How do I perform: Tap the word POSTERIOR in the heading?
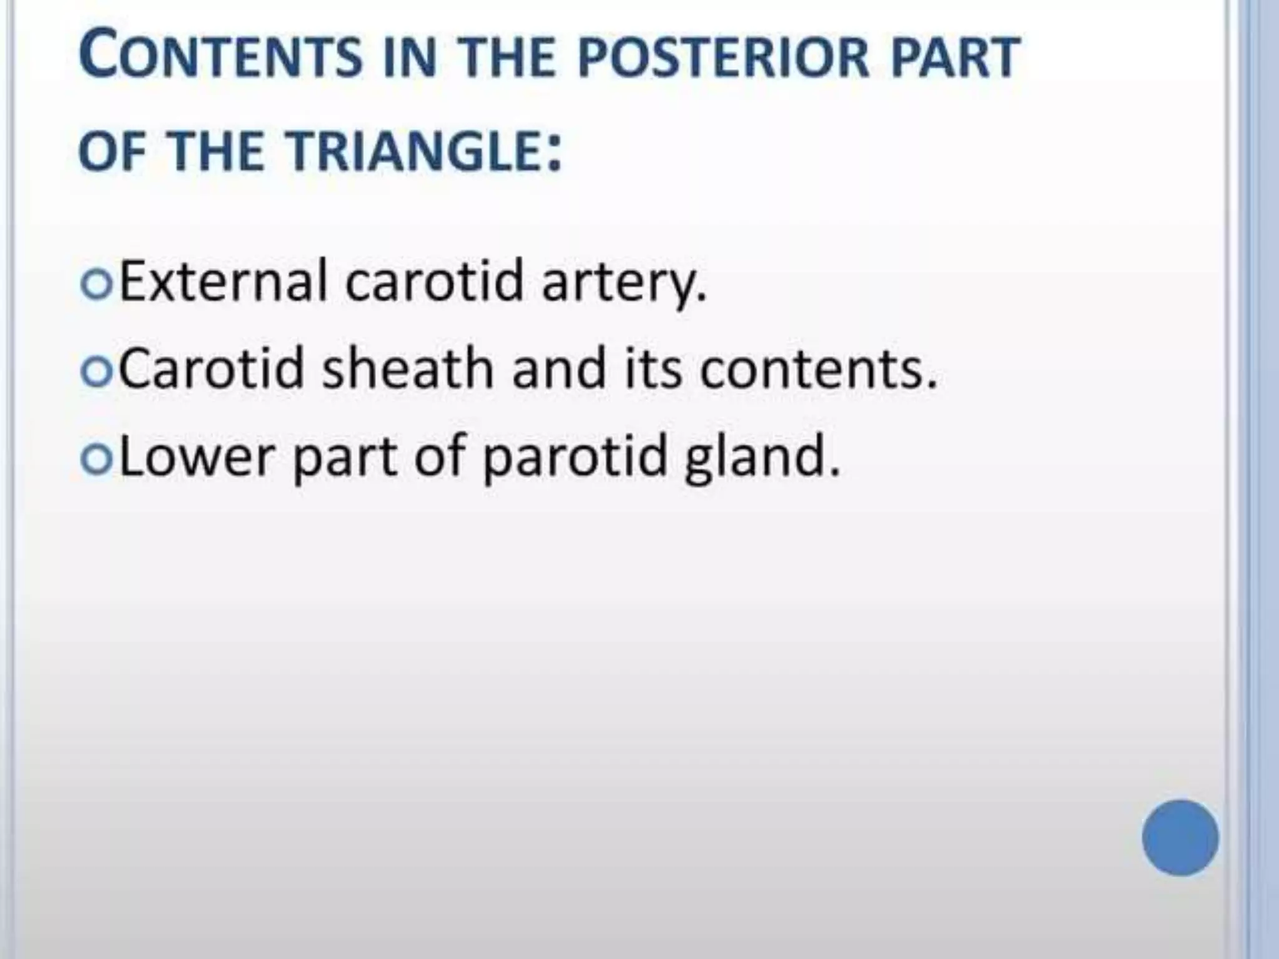(722, 57)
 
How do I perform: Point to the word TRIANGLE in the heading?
(412, 152)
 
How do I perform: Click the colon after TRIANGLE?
(553, 155)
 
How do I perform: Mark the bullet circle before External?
(97, 286)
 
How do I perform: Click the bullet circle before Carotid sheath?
(97, 373)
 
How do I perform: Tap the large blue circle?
(1180, 838)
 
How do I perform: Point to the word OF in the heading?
(112, 152)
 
